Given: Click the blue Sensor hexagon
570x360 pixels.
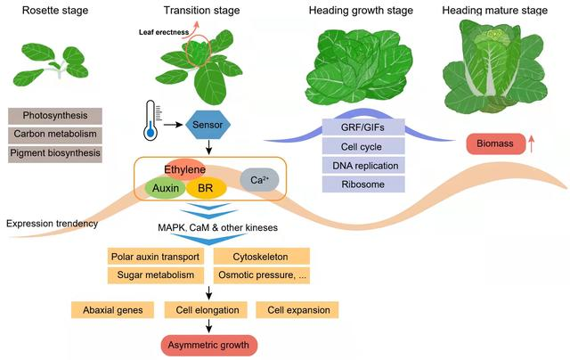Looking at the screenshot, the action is pos(208,125).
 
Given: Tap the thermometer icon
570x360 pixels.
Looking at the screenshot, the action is pos(151,120).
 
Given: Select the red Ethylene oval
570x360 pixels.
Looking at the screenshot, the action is pos(185,169).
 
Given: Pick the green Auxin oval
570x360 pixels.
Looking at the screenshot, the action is pos(166,188).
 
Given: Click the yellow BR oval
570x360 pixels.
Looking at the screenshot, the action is pos(206,188).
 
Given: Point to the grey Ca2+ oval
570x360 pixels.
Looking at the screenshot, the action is pos(259,180).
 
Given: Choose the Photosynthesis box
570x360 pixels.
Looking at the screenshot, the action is pos(55,116).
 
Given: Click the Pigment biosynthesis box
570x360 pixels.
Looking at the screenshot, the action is pos(55,153).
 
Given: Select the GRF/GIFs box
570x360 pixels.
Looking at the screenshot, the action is pos(363,127).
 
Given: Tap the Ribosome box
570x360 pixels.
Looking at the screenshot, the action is pos(363,184).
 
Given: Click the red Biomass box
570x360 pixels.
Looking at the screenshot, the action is pos(496,143).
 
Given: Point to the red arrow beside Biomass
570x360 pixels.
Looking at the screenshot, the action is pos(531,144).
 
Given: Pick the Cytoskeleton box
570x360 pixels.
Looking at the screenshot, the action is pos(261,257).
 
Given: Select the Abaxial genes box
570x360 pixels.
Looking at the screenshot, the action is pos(112,310).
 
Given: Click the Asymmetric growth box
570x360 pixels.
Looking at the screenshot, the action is pos(209,345).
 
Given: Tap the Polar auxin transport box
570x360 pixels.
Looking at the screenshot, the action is pos(156,257).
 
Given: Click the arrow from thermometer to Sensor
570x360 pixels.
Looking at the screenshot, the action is pos(173,125).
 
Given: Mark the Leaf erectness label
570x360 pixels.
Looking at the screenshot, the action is pos(164,32).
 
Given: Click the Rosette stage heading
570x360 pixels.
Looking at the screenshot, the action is pos(55,10).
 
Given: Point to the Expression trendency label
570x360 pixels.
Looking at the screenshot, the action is pos(52,224).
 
